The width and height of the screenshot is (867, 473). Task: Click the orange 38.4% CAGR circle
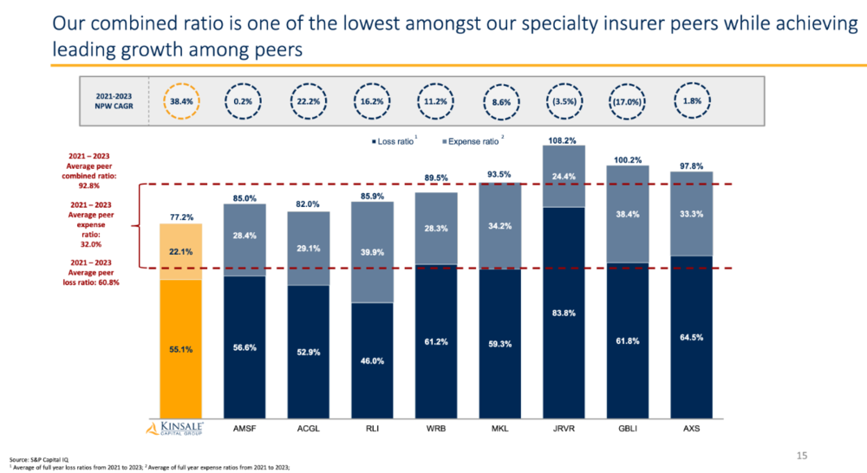pos(181,83)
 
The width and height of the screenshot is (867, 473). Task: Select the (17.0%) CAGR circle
pos(627,84)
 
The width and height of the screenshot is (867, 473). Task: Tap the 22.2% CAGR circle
pos(309,84)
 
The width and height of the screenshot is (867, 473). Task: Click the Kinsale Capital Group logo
pos(175,428)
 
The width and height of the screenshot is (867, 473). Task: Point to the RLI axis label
pos(372,428)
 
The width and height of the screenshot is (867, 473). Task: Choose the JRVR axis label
pos(564,428)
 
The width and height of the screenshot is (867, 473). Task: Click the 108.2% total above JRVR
pos(563,140)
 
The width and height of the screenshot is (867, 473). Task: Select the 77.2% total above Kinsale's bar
pos(181,217)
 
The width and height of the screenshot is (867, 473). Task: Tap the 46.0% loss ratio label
pos(372,361)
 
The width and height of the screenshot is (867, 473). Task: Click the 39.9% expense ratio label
pos(372,252)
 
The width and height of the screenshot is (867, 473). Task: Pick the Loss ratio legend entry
pos(393,141)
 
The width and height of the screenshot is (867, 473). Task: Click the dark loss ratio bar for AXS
pos(691,337)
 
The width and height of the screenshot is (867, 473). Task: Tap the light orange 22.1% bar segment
pos(181,252)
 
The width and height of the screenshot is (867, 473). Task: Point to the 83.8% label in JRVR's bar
pos(564,313)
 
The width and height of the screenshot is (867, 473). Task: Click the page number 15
pos(802,456)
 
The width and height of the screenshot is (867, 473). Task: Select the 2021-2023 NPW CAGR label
pos(114,101)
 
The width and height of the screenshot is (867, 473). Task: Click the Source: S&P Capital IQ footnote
pos(39,459)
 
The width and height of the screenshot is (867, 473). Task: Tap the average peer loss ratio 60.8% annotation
pos(91,272)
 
